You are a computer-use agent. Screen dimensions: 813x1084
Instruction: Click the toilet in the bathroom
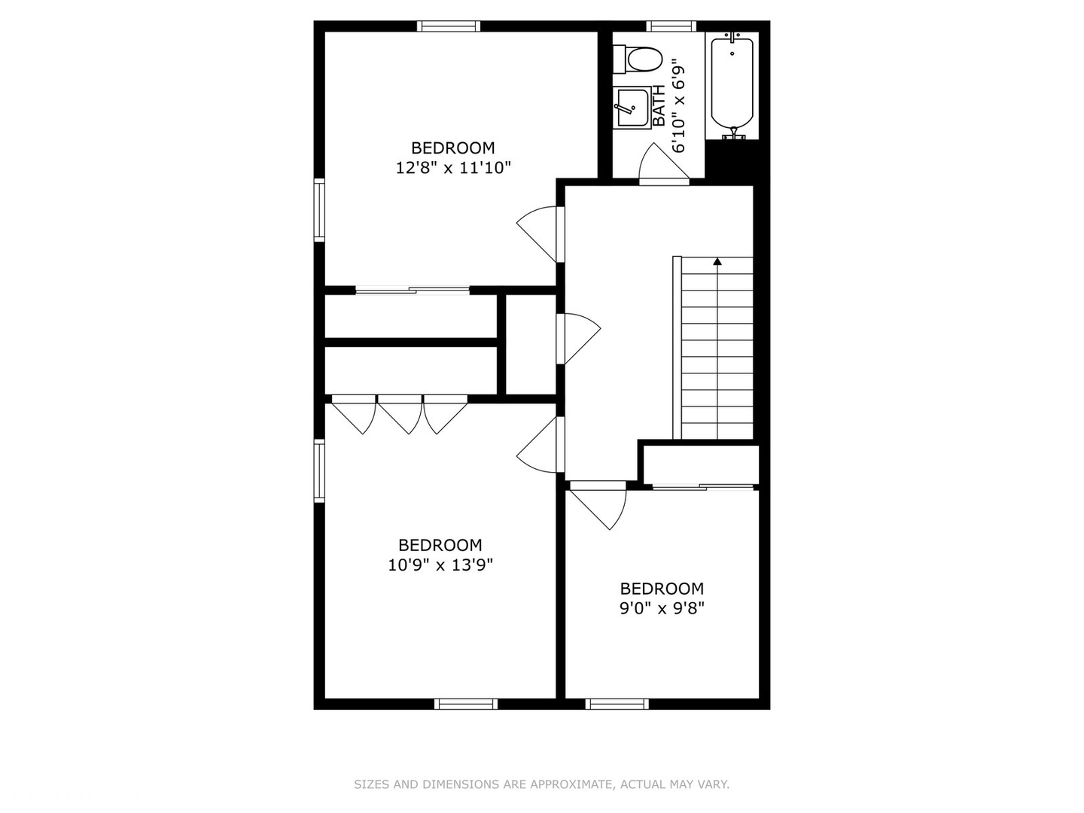tap(640, 59)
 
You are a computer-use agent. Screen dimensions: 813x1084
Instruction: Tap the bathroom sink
tap(631, 108)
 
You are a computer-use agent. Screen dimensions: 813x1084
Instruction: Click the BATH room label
tap(659, 106)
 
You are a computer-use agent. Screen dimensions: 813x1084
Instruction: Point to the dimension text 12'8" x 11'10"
tap(453, 168)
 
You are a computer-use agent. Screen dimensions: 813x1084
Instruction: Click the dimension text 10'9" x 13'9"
tap(440, 565)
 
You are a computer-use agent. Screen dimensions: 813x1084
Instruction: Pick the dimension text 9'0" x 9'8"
tap(662, 608)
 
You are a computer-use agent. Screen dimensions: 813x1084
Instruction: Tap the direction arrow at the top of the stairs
tap(717, 262)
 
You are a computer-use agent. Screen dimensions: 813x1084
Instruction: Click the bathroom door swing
tap(659, 163)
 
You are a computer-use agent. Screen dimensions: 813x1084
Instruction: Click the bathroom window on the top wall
tap(671, 26)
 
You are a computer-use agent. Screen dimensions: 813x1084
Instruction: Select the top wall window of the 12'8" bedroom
tap(449, 26)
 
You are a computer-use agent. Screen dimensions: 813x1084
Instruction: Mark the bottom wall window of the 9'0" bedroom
tap(617, 704)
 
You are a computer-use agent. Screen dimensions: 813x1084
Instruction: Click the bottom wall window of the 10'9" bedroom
tap(466, 704)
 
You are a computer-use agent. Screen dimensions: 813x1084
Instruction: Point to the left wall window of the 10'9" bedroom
tap(319, 470)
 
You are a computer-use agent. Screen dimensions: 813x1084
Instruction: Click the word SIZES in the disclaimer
tap(371, 784)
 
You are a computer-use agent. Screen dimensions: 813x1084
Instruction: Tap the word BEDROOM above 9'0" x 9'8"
tap(662, 589)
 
